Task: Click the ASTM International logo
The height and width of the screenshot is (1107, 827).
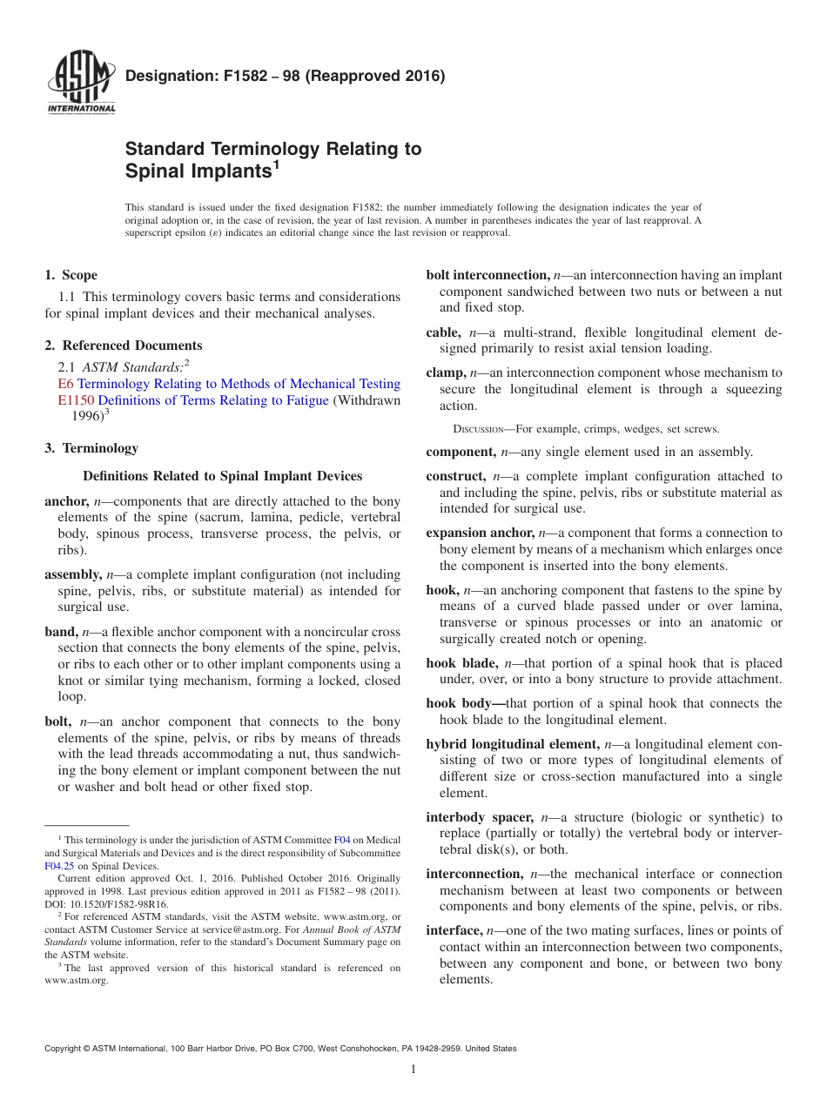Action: pyautogui.click(x=81, y=83)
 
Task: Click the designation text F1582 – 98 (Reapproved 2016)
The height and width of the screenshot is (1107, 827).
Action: pyautogui.click(x=285, y=76)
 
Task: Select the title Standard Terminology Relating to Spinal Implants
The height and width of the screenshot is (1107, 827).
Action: pyautogui.click(x=273, y=160)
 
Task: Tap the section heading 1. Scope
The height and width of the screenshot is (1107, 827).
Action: pyautogui.click(x=71, y=275)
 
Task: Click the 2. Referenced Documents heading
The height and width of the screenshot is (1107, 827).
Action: pyautogui.click(x=123, y=346)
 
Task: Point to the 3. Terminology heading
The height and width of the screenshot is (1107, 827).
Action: pyautogui.click(x=91, y=448)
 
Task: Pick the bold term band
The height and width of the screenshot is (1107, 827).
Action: pyautogui.click(x=60, y=632)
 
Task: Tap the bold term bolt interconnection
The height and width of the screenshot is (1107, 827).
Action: pyautogui.click(x=487, y=275)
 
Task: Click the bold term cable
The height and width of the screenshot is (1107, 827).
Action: pyautogui.click(x=442, y=332)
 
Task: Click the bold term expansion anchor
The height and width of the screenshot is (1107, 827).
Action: pyautogui.click(x=480, y=533)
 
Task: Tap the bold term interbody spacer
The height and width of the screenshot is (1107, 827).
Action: pyautogui.click(x=479, y=817)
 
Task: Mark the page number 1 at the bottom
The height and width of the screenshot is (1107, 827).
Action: pyautogui.click(x=413, y=1070)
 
